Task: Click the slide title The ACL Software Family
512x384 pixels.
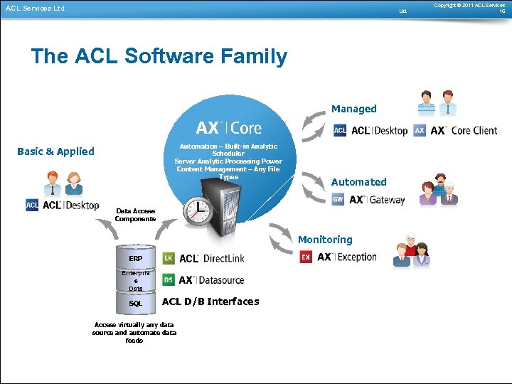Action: [x=159, y=57]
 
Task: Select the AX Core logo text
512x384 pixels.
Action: [x=228, y=128]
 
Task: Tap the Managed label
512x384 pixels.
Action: [x=353, y=109]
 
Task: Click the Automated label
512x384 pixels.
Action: [x=358, y=182]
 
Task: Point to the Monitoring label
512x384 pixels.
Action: [x=325, y=240]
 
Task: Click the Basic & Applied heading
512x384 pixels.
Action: [x=55, y=151]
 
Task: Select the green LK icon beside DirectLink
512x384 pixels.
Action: [x=169, y=259]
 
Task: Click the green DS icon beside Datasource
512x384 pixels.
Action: [x=169, y=280]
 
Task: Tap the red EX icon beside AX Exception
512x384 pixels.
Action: [x=306, y=257]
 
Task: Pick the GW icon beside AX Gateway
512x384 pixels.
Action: [x=339, y=200]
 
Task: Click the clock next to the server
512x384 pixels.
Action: [x=197, y=211]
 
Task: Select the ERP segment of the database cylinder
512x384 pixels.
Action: [x=135, y=257]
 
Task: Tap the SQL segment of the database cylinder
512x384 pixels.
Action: [x=135, y=303]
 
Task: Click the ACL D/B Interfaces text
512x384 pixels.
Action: [x=210, y=302]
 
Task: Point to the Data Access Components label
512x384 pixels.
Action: [x=135, y=215]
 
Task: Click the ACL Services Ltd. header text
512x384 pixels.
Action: [x=36, y=9]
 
